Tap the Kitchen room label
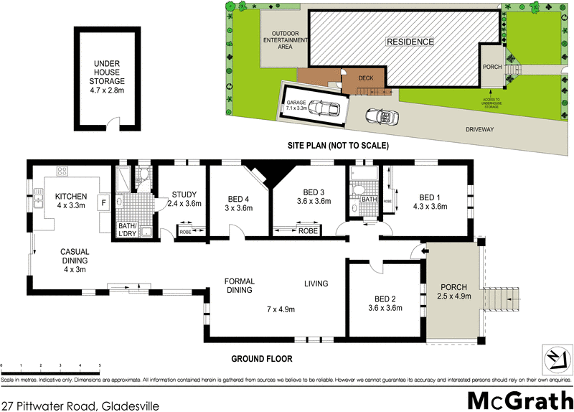71,201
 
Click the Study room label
184,199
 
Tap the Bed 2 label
386,304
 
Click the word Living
316,282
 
